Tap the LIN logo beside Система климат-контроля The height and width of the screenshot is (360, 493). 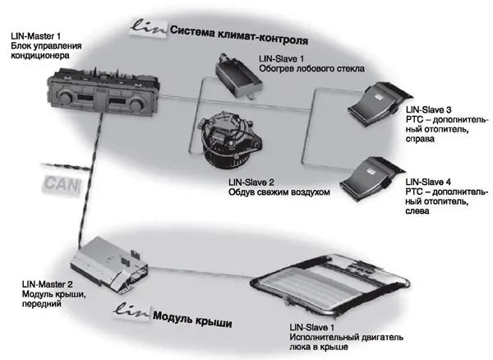[x=150, y=29]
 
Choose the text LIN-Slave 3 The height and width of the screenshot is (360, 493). [x=429, y=110]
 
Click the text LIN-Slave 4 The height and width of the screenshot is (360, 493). [x=429, y=179]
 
